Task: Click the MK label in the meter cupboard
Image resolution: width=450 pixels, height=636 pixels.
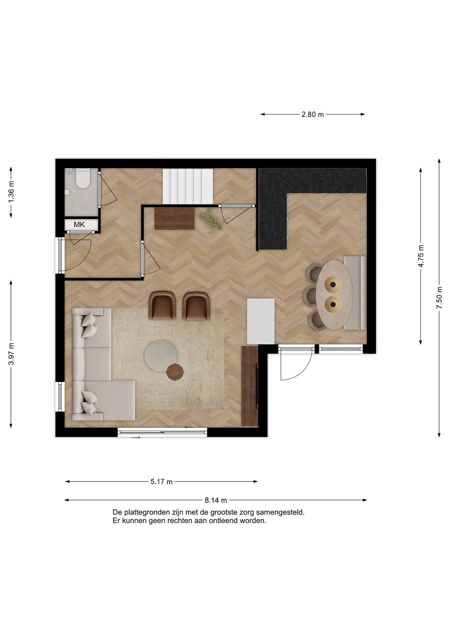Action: click(x=79, y=225)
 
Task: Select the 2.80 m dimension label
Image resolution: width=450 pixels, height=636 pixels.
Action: click(x=313, y=114)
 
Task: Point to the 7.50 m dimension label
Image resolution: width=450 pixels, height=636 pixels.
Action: click(x=439, y=297)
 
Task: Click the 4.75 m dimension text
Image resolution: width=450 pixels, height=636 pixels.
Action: click(x=421, y=256)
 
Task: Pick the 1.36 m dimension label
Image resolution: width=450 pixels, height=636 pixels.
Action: click(x=11, y=191)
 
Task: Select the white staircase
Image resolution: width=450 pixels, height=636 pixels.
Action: click(x=188, y=186)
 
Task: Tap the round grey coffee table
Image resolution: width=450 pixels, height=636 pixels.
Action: click(x=161, y=356)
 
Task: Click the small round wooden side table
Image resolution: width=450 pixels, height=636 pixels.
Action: click(x=175, y=372)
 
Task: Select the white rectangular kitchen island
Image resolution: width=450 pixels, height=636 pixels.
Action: click(x=261, y=321)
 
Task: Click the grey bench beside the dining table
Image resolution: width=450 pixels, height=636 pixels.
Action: click(x=355, y=293)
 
